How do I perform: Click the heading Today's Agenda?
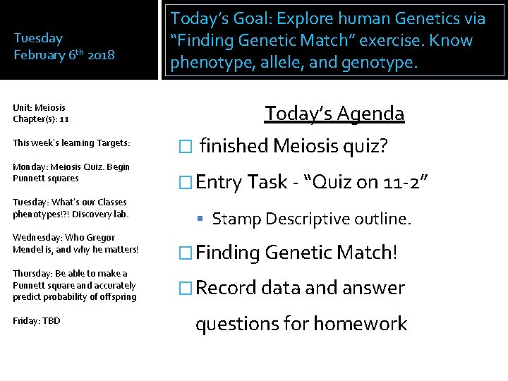tap(334, 114)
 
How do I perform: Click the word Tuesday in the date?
tap(38, 38)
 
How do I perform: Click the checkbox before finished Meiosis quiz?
tap(185, 147)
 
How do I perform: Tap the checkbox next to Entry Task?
tap(185, 182)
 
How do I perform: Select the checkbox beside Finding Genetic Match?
tap(185, 253)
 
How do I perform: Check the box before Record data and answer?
tap(185, 288)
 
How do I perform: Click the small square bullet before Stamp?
tap(202, 219)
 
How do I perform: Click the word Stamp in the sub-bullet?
tap(236, 219)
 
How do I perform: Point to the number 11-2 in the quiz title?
tap(401, 182)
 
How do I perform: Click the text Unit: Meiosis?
tap(39, 108)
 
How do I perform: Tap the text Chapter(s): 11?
tap(40, 119)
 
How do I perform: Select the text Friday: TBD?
tap(37, 321)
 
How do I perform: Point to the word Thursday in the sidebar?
tap(32, 273)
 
